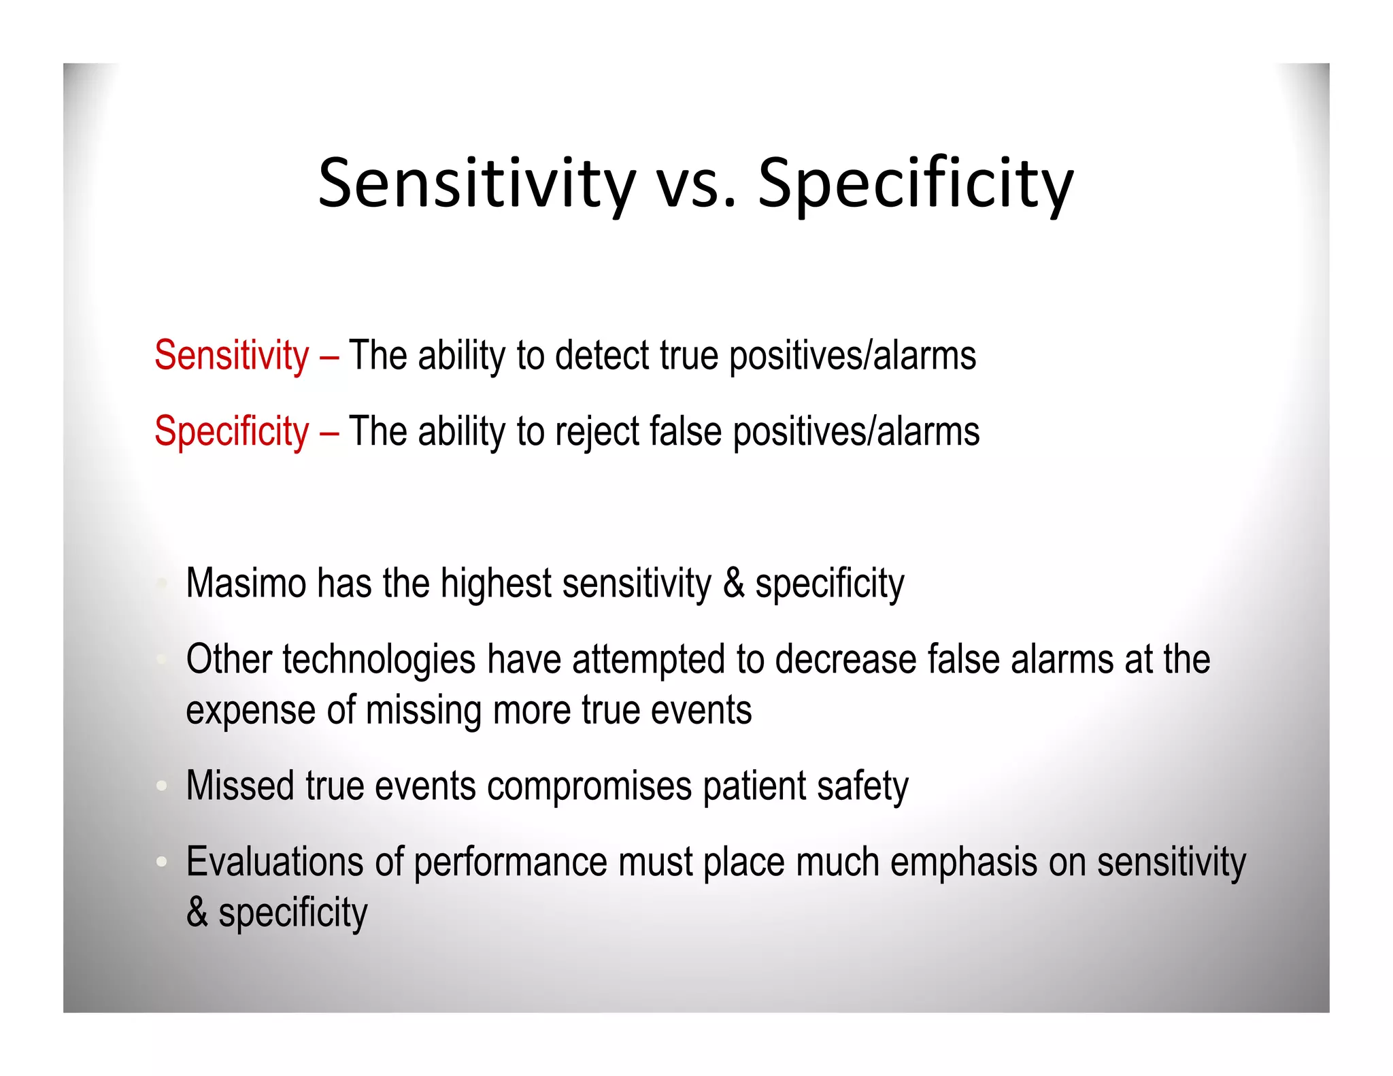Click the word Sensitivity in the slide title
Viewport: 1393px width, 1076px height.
pos(476,184)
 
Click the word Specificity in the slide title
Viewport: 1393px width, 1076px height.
pos(915,184)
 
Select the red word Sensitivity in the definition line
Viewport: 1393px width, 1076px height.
pos(231,355)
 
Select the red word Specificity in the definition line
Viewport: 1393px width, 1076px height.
pos(231,431)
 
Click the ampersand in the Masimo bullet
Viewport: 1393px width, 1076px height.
pos(733,583)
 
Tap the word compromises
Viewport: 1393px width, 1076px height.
pos(589,786)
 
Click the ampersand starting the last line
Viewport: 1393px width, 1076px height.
pos(197,912)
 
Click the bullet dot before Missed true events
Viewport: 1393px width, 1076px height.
pos(161,786)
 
